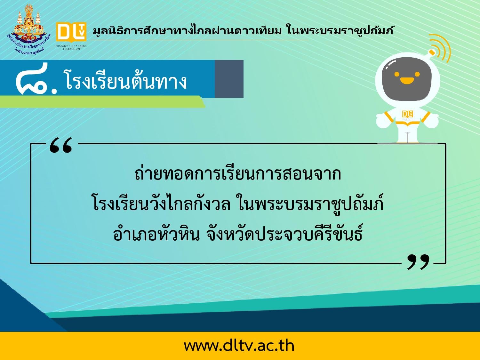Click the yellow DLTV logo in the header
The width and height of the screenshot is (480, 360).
point(71,32)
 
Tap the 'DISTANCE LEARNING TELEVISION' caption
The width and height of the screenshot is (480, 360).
point(71,47)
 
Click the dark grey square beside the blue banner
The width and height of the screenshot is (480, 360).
point(229,79)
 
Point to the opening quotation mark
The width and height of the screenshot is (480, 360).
point(61,145)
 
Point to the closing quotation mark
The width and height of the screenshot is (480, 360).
point(418,262)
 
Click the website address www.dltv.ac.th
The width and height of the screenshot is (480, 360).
point(239,346)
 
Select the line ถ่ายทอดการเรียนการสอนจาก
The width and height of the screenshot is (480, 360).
point(238,174)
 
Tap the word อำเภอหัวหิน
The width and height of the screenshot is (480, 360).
point(156,234)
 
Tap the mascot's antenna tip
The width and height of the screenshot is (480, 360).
point(431,52)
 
